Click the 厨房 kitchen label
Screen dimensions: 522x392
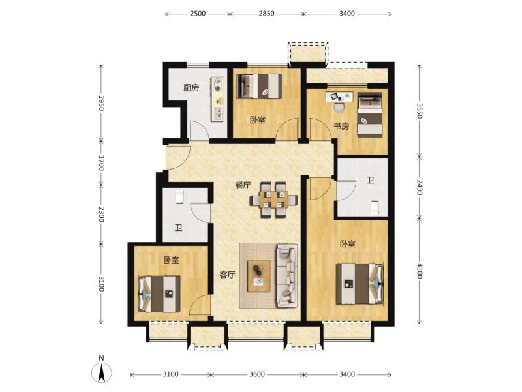191,88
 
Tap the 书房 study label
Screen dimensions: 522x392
341,126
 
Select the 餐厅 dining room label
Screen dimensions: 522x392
243,185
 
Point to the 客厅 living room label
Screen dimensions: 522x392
228,275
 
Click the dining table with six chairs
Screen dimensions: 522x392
273,200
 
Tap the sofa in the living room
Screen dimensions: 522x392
287,275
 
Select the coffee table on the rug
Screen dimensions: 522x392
258,276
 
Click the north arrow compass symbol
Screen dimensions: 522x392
102,371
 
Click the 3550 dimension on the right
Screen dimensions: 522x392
420,111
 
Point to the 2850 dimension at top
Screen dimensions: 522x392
267,14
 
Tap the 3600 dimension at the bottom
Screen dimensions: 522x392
256,374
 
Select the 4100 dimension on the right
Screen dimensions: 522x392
420,271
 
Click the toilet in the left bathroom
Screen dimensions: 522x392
179,196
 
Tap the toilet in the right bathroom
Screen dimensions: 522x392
375,207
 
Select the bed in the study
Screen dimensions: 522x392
369,115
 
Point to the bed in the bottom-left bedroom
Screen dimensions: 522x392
159,294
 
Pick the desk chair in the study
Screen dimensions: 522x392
339,107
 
